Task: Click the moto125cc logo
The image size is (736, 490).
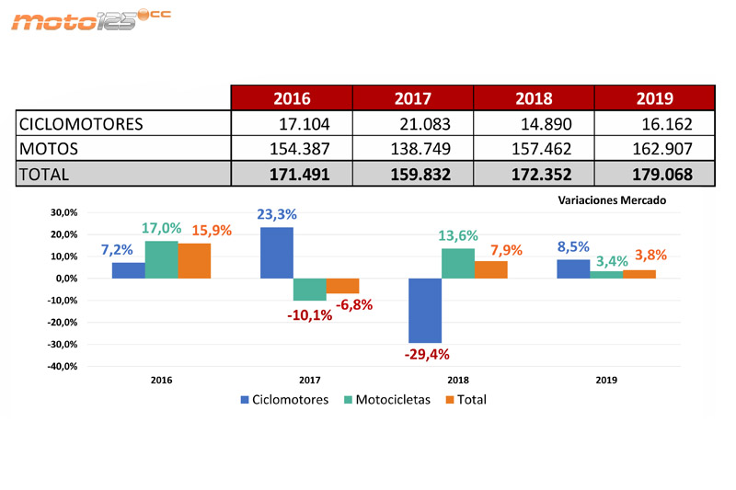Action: pos(90,19)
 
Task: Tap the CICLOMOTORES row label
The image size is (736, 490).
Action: pos(82,123)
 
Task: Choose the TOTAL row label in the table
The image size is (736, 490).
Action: pos(45,174)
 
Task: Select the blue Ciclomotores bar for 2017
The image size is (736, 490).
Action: pos(277,253)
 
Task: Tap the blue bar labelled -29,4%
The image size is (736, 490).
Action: pos(425,311)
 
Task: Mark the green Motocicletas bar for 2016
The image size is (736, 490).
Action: pos(161,260)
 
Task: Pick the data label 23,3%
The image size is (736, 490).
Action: pos(276,215)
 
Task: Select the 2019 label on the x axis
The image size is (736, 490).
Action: pos(606,380)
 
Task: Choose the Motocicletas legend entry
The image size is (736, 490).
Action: pos(385,400)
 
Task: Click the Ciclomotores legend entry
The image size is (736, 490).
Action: pos(284,400)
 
